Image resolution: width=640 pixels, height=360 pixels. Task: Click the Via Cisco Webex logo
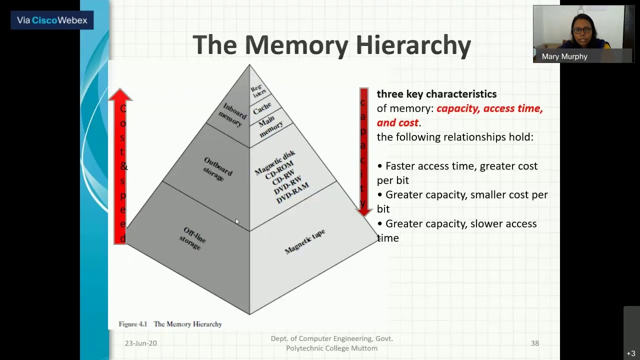coord(52,20)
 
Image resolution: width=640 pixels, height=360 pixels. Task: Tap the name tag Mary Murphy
coord(564,56)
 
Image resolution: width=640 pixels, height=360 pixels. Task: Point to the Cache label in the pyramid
coord(262,107)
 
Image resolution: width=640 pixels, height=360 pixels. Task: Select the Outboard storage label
coord(216,168)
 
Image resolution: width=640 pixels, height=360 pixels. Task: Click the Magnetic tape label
coord(304,241)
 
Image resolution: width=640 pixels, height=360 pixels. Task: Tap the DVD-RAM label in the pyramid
coord(292,192)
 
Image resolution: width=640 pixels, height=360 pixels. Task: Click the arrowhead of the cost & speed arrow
coord(120,94)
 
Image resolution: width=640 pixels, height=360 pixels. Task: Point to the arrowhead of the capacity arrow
coord(364,210)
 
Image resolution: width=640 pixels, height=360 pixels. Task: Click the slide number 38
coord(534,343)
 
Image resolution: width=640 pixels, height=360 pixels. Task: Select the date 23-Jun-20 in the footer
coord(140,343)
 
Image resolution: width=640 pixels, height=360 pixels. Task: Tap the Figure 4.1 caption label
coord(132,324)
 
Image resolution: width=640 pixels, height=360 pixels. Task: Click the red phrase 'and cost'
coord(397,122)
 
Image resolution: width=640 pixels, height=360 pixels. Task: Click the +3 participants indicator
coord(630,353)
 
